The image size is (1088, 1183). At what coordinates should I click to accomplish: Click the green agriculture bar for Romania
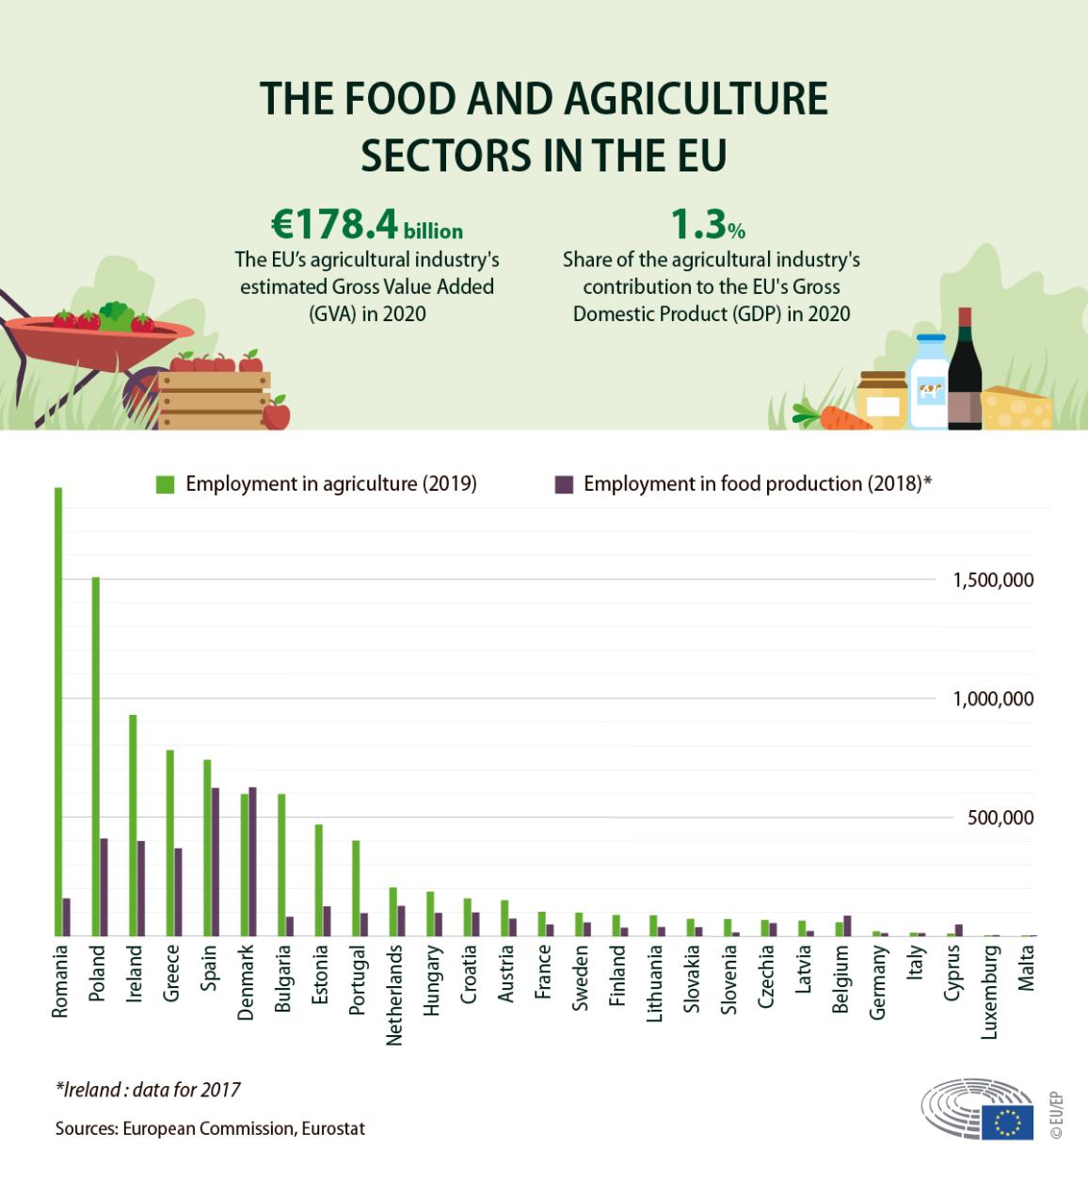coord(58,711)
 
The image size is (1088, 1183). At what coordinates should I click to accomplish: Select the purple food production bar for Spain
coord(216,862)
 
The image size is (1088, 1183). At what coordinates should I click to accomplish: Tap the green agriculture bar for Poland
coord(96,756)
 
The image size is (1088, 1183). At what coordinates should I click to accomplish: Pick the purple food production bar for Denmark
coord(252,861)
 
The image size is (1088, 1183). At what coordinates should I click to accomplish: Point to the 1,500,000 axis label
coord(992,580)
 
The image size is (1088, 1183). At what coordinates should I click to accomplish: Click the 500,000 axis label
coord(1000,818)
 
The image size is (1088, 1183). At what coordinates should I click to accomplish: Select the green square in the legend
coord(166,484)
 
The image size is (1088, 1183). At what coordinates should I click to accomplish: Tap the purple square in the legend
coord(564,484)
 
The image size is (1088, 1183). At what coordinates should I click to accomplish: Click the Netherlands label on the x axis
coord(394,995)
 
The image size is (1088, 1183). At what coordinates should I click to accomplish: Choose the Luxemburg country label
coord(989,992)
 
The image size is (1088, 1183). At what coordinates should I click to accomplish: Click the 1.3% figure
coord(707,225)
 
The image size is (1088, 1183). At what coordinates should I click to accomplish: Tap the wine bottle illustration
coord(965,370)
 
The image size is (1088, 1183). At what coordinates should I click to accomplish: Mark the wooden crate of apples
coord(214,396)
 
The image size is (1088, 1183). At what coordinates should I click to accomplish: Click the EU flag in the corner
coord(1007,1123)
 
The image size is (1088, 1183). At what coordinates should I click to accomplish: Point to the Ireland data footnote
coord(148,1090)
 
